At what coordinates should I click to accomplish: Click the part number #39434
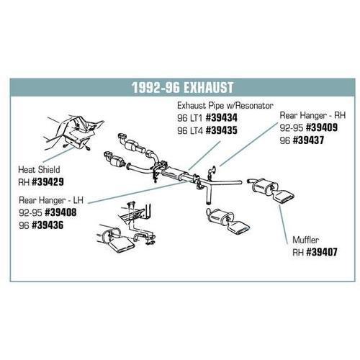click(222, 117)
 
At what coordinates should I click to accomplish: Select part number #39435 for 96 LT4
click(222, 130)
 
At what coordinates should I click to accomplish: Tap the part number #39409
click(322, 127)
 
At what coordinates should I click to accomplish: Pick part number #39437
click(308, 140)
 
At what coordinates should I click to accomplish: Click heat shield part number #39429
click(48, 182)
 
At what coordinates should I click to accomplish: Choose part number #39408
click(60, 212)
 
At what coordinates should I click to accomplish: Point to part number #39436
click(48, 225)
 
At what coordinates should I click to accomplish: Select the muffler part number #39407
click(322, 252)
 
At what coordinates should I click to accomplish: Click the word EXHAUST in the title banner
click(208, 87)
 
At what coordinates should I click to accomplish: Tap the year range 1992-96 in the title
click(156, 87)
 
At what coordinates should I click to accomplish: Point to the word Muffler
click(305, 240)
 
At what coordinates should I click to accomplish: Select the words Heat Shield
click(39, 170)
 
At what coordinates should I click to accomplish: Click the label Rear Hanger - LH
click(51, 200)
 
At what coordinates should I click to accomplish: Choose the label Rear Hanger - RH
click(312, 115)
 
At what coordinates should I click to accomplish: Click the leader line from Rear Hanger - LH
click(137, 192)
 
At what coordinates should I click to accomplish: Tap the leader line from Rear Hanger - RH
click(248, 145)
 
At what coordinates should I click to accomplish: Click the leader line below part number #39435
click(204, 156)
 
